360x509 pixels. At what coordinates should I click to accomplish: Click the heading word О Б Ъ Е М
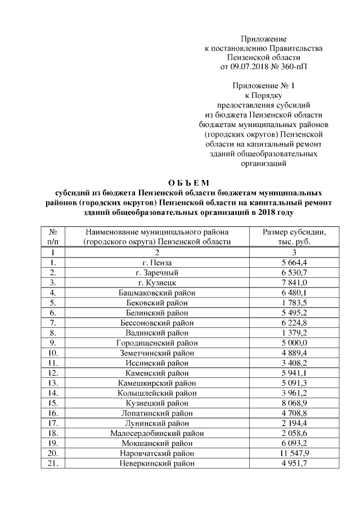click(x=188, y=182)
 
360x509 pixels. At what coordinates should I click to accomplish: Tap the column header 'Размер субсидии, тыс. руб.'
click(x=295, y=237)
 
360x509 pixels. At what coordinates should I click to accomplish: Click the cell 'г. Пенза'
click(x=157, y=262)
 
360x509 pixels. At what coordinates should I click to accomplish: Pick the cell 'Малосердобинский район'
click(x=157, y=433)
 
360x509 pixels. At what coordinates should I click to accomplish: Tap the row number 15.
click(x=55, y=403)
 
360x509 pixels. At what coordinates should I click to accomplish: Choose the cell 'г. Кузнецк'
click(x=157, y=282)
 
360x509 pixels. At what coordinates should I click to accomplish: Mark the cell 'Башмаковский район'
click(x=157, y=292)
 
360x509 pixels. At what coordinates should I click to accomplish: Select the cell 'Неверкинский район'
click(x=157, y=463)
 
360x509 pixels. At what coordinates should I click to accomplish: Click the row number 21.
click(x=55, y=463)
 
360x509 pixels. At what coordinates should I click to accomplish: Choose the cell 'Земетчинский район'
click(x=157, y=353)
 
